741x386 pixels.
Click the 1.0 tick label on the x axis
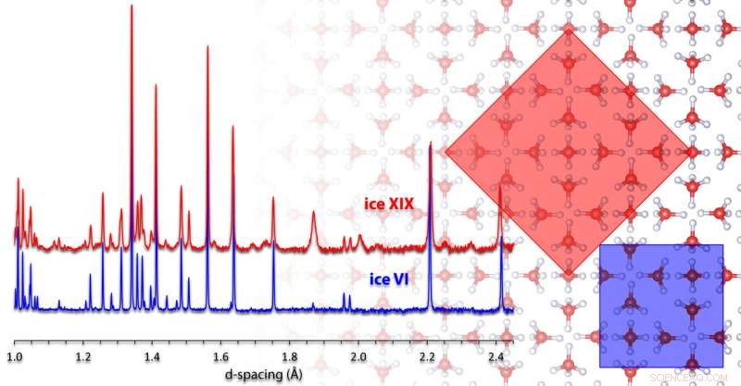click(15, 355)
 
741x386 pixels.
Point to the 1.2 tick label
click(84, 355)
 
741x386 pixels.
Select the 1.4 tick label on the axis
click(153, 355)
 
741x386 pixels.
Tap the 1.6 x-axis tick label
click(221, 355)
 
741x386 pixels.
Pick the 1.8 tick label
click(290, 355)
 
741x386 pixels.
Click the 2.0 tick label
click(358, 355)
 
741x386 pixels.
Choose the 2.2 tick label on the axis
click(427, 355)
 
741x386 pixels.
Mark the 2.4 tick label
click(496, 355)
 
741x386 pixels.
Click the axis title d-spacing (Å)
click(263, 373)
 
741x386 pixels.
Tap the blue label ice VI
click(381, 275)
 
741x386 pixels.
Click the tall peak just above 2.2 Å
click(431, 143)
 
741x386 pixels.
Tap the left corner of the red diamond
click(446, 153)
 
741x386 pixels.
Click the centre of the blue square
click(661, 306)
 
